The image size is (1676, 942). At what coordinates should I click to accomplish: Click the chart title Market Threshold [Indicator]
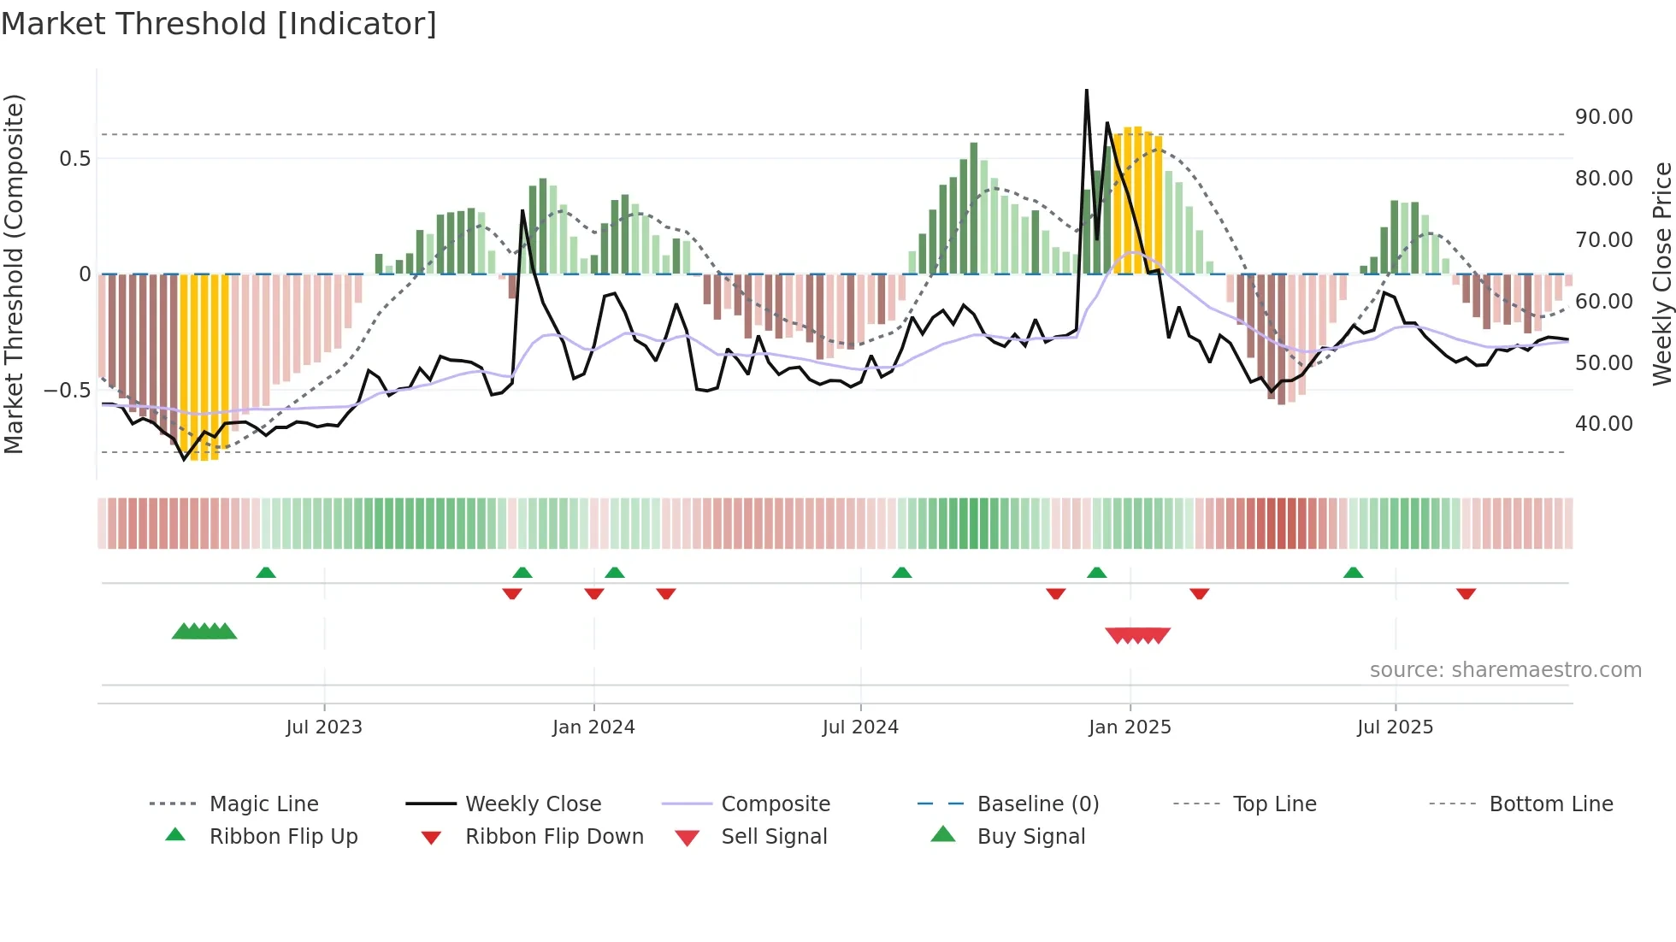(219, 24)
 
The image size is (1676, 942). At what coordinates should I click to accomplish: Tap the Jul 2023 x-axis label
(324, 727)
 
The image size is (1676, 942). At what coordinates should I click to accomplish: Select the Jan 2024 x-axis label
(593, 727)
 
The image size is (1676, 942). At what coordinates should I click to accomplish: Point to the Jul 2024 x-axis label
(860, 727)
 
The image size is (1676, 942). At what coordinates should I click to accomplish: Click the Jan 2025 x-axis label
(1130, 727)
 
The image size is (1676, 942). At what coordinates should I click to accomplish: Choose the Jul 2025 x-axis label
(1395, 727)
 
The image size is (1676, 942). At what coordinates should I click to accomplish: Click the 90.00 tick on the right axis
(1603, 117)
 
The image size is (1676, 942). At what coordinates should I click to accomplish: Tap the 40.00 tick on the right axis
(1603, 424)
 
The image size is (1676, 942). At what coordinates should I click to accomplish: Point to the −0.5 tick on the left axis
(67, 391)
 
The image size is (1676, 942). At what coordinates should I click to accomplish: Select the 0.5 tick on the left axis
(74, 159)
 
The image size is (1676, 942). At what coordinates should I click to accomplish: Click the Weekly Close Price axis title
(1661, 274)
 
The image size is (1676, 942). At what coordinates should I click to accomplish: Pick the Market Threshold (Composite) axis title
(14, 274)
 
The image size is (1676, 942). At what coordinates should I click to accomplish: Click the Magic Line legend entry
(263, 804)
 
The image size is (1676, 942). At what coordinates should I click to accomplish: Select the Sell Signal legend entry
(774, 837)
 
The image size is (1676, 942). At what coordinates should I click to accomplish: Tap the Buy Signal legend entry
(1030, 837)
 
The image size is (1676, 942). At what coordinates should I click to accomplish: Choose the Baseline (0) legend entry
(1037, 804)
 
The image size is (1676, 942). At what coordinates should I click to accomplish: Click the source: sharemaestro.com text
(1505, 670)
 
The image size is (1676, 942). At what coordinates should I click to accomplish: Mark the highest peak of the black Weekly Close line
(1087, 90)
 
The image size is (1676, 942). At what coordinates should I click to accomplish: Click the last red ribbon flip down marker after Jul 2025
(1466, 593)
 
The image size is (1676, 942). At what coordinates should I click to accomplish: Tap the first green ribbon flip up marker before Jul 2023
(266, 573)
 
